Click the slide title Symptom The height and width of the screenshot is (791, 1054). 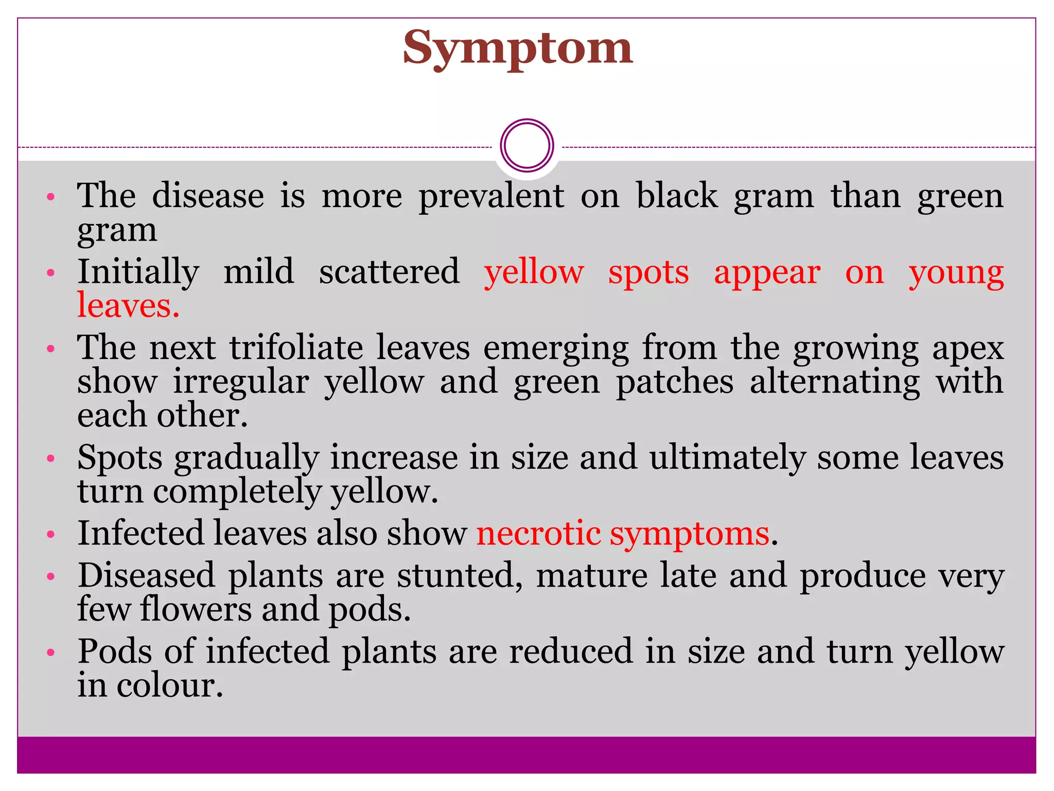517,48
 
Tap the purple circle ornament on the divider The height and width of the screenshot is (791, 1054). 526,146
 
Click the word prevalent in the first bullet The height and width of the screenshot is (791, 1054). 491,197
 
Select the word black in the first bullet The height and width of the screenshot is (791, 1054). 677,196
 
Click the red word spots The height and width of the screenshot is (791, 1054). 648,273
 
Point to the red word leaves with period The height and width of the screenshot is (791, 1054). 128,306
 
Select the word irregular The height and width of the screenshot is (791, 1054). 241,383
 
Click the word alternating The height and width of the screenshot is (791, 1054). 834,383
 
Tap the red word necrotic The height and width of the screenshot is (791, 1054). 538,534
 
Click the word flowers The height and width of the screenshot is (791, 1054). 196,609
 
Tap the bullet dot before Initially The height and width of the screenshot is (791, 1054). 50,273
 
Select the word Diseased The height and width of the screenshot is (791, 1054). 146,576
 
